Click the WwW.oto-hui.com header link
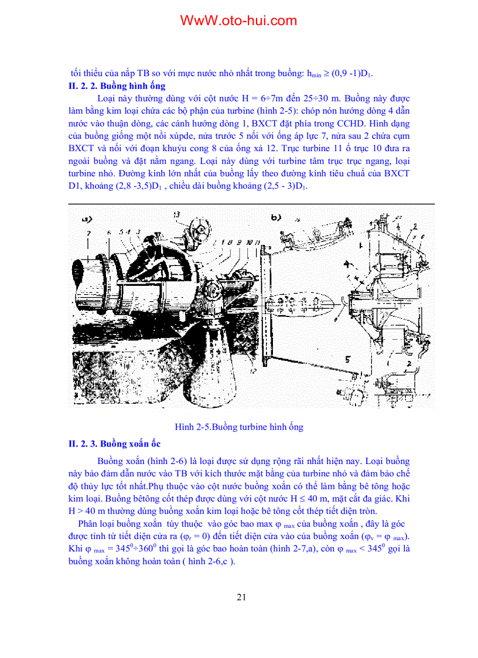point(238,21)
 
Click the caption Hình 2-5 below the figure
point(239,427)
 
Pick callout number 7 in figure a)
point(88,234)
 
